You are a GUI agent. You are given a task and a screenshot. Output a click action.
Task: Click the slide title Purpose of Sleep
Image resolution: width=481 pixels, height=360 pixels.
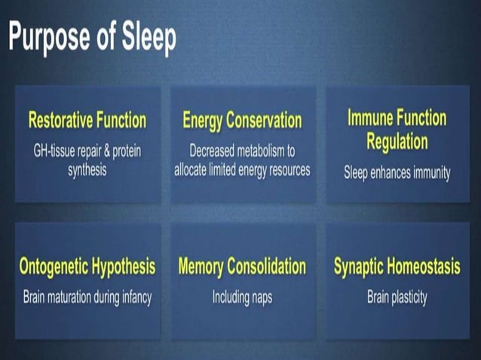pyautogui.click(x=92, y=38)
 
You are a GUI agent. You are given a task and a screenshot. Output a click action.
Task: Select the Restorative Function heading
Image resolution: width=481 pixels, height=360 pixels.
pyautogui.click(x=87, y=121)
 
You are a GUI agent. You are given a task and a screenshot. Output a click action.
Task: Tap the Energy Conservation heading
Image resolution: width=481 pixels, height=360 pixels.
pyautogui.click(x=242, y=121)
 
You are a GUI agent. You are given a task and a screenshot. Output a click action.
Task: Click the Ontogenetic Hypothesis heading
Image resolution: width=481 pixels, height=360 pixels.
pyautogui.click(x=87, y=267)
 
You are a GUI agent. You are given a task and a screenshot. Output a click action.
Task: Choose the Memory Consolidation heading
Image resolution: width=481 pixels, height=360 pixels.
pyautogui.click(x=242, y=267)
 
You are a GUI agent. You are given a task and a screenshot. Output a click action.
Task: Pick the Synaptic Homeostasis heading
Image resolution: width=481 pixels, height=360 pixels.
pyautogui.click(x=397, y=267)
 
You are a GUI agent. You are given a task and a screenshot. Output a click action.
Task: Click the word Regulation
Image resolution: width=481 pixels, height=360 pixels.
pyautogui.click(x=397, y=141)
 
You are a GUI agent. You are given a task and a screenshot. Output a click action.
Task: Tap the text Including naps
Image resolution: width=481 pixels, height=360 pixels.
pyautogui.click(x=242, y=297)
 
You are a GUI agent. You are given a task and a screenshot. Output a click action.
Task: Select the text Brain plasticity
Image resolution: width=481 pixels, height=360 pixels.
pyautogui.click(x=397, y=297)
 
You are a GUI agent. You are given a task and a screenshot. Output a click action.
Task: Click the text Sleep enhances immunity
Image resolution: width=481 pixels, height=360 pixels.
pyautogui.click(x=397, y=172)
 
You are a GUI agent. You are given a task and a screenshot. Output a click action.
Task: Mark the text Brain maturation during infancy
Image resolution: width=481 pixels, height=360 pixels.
pyautogui.click(x=87, y=297)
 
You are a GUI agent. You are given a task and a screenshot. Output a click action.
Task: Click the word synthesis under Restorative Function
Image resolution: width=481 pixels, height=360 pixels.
pyautogui.click(x=87, y=169)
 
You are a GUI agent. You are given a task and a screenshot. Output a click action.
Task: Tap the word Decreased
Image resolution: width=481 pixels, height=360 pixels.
pyautogui.click(x=216, y=151)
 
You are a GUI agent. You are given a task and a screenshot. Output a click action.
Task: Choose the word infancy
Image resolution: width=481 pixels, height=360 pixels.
pyautogui.click(x=134, y=297)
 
